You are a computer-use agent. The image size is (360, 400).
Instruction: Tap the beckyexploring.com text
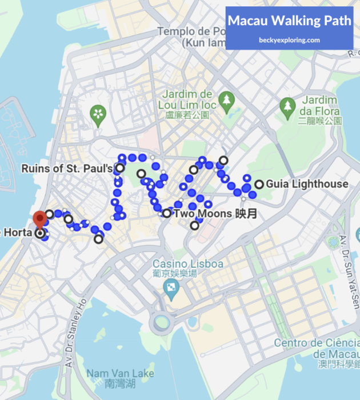(289, 40)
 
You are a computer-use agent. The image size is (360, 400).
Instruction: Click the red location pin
(39, 219)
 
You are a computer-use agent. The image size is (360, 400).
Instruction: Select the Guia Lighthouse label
(307, 184)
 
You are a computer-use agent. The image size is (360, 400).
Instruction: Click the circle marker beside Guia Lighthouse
(259, 184)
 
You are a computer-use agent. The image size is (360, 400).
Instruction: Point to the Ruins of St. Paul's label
(67, 169)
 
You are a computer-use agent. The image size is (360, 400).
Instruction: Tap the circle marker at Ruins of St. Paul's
(120, 168)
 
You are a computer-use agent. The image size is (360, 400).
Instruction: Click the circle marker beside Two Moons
(166, 214)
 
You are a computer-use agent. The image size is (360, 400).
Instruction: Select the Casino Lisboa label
(179, 263)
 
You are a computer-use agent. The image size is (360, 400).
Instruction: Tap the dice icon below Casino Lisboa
(171, 291)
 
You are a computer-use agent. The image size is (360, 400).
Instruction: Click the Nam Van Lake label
(120, 378)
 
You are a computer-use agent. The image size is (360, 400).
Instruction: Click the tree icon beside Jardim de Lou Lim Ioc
(227, 101)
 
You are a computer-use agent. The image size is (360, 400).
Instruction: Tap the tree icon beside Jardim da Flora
(287, 105)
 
